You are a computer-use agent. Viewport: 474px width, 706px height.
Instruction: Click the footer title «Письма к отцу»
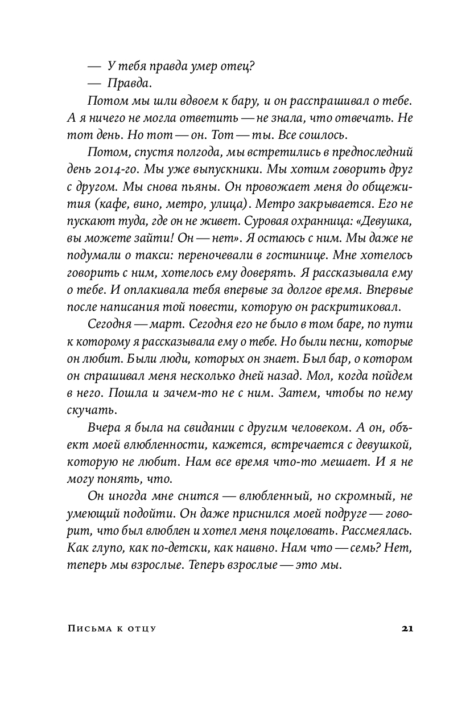click(x=112, y=629)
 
